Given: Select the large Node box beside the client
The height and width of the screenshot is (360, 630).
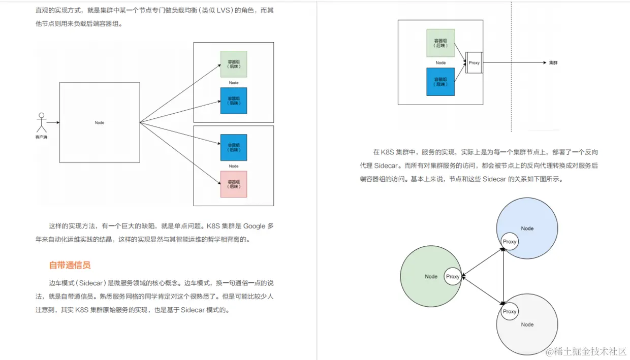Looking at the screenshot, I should point(100,122).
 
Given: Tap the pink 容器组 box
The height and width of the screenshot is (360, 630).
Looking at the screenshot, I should point(233,184).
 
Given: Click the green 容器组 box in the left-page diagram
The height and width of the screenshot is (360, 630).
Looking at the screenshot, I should point(233,64).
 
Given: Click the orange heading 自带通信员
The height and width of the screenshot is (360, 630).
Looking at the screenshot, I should point(70,265).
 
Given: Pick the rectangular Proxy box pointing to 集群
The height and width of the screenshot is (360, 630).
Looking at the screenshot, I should point(474,63).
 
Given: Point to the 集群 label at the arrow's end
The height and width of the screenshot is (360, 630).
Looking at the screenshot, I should point(553,63).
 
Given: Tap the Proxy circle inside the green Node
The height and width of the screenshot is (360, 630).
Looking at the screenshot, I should point(453,277).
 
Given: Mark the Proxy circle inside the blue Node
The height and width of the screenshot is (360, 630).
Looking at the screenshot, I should point(510,242).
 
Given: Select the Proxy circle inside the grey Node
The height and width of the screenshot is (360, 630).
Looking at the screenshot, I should point(510,311).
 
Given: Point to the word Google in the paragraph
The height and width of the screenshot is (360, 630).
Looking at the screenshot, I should point(254,226).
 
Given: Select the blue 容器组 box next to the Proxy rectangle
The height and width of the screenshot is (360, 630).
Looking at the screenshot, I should point(440,82).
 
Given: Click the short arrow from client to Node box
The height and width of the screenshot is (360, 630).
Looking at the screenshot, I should point(53,122).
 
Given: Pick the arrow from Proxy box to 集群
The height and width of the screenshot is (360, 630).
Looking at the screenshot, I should point(513,63).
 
